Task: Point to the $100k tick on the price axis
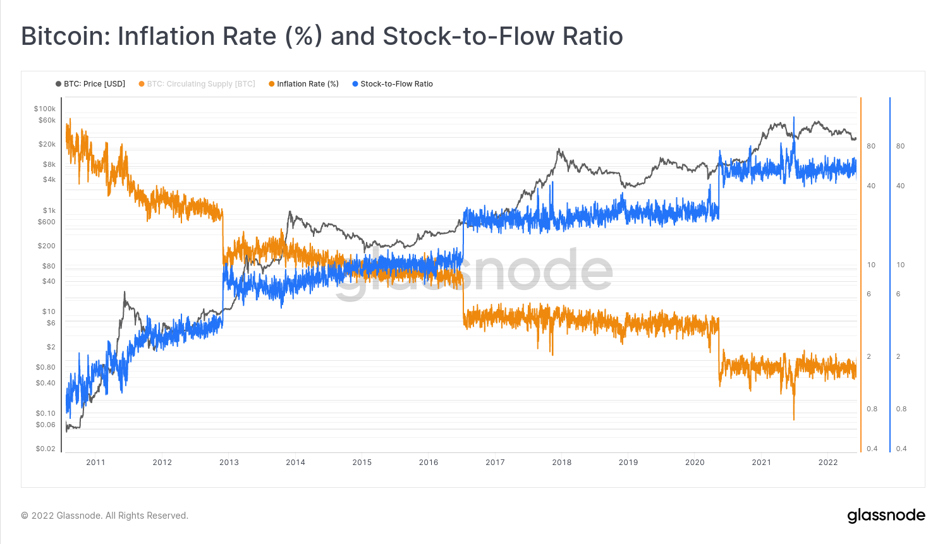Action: [x=45, y=109]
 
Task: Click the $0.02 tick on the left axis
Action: [x=46, y=449]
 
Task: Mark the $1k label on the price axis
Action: [x=49, y=210]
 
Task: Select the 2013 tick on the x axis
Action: [x=229, y=462]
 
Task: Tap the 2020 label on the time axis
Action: [x=695, y=462]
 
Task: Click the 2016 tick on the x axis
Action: [x=429, y=462]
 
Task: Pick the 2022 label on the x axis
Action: [x=828, y=462]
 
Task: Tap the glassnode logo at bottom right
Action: [x=886, y=516]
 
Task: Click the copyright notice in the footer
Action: [x=105, y=516]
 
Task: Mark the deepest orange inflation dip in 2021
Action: [x=794, y=417]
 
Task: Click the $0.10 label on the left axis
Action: [x=46, y=413]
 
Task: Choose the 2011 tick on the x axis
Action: [x=95, y=462]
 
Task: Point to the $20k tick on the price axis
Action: [x=47, y=144]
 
